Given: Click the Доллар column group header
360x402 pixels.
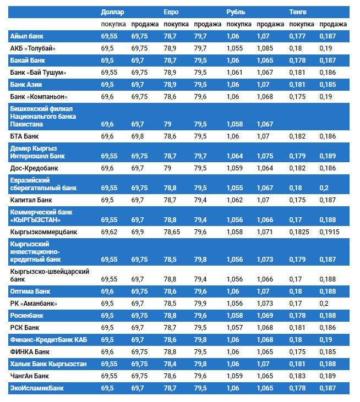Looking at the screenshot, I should [113, 12].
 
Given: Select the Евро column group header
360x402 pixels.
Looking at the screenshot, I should [171, 12].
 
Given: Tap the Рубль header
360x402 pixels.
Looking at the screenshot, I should [236, 12].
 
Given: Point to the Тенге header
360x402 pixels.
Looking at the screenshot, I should [298, 12].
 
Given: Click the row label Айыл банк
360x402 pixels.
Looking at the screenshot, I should [27, 36].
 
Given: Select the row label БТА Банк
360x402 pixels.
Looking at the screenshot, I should [24, 136].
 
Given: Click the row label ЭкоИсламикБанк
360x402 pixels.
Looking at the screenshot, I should [37, 388].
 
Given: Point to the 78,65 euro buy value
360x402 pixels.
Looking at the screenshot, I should [173, 232].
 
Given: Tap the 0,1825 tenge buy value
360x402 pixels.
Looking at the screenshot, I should [299, 232].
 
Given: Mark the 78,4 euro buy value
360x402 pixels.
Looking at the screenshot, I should [170, 364].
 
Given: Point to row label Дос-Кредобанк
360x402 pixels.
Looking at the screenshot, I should [34, 168].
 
